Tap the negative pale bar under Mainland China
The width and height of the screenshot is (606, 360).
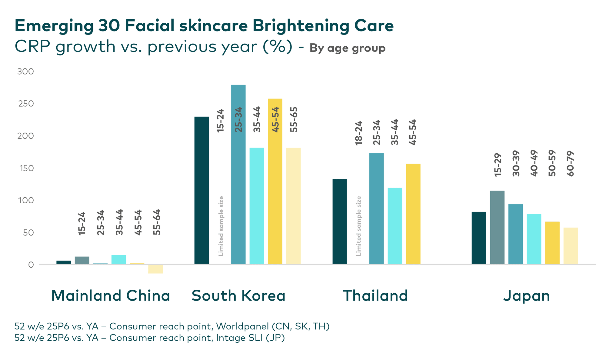click(155, 269)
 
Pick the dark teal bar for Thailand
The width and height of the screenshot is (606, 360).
click(340, 222)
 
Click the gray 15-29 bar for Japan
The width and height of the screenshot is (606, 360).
click(497, 227)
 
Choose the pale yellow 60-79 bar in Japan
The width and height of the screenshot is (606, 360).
click(571, 246)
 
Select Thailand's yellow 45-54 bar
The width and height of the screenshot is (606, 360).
click(413, 214)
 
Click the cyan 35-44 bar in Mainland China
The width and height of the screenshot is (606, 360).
click(119, 260)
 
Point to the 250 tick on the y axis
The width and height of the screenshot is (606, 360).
click(25, 104)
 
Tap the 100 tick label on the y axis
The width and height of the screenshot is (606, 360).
click(25, 200)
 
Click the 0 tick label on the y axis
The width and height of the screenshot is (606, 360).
click(31, 265)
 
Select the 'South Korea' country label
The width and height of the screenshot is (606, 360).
click(238, 296)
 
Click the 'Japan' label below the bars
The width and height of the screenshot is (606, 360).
click(527, 296)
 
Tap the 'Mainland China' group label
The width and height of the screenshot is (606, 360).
click(111, 296)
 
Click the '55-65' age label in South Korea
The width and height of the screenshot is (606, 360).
click(294, 119)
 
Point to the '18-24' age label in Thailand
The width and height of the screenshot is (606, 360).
click(358, 133)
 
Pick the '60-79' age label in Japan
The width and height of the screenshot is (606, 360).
click(570, 163)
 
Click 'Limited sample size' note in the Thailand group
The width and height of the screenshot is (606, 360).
click(358, 226)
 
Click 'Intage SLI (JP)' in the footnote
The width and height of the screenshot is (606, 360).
click(250, 338)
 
